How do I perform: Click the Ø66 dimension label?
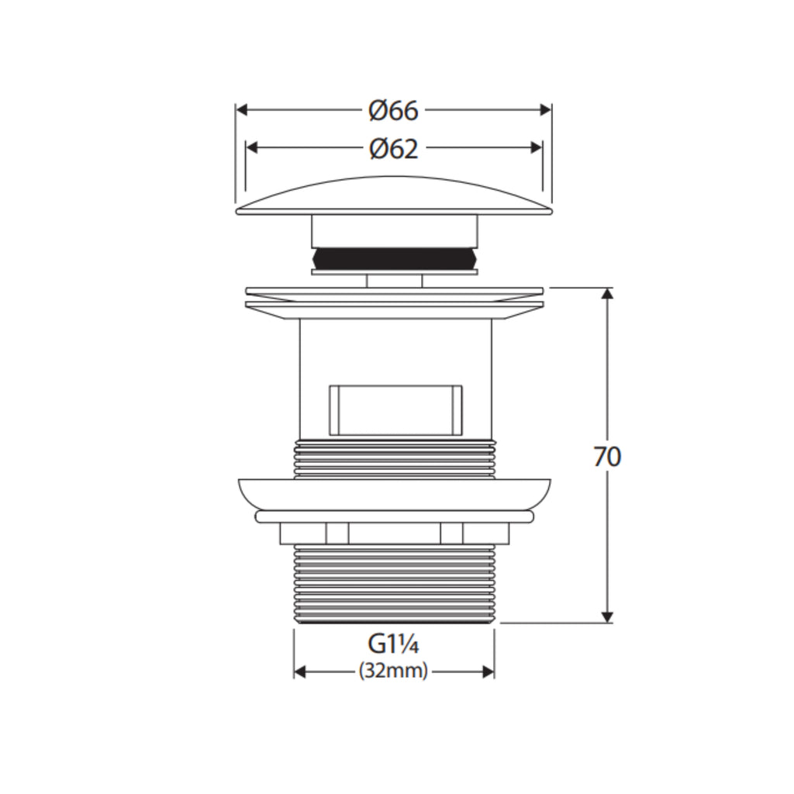(x=393, y=110)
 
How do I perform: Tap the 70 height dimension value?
(x=606, y=457)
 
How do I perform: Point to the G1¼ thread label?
(x=393, y=644)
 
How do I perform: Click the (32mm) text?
(x=393, y=671)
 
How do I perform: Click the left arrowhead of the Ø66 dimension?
(x=242, y=110)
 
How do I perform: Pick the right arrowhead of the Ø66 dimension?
(x=545, y=110)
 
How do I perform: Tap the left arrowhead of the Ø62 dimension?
(x=252, y=148)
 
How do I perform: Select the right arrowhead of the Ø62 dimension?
(x=537, y=148)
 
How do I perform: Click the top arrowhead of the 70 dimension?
(x=607, y=294)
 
